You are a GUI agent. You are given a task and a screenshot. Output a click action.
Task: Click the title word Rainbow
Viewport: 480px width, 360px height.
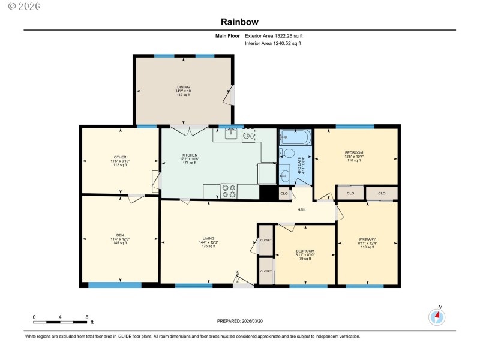tap(239, 22)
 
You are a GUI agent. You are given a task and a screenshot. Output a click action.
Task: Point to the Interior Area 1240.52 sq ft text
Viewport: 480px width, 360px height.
tap(273, 43)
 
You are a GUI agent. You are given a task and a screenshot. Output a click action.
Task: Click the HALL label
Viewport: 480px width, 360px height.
tap(302, 209)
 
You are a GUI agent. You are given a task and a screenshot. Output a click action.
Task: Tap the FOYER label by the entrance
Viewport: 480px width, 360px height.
tap(237, 277)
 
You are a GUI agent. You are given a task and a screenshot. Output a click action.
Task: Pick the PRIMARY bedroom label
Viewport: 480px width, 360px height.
tap(367, 239)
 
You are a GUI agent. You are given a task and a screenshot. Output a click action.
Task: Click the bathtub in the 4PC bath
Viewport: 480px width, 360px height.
tap(295, 137)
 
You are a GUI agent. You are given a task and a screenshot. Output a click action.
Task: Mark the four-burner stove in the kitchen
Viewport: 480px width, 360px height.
tap(229, 190)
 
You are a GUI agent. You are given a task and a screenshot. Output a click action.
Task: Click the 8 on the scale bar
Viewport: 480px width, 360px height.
tap(87, 317)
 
